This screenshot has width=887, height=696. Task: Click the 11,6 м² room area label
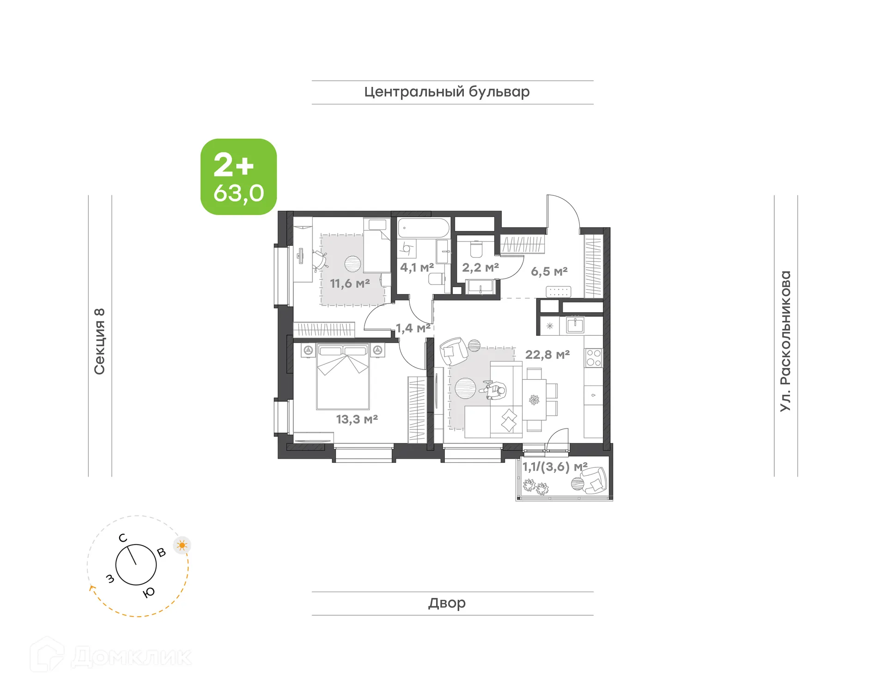(350, 283)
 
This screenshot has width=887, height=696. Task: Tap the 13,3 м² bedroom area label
(357, 419)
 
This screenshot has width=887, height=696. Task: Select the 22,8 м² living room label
(547, 354)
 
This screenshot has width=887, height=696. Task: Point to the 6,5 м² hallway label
(549, 271)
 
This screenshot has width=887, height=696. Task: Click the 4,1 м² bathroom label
(417, 267)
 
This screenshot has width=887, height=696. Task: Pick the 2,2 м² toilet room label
(480, 267)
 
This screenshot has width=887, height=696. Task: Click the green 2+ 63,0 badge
(238, 177)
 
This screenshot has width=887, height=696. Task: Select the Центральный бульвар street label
(447, 92)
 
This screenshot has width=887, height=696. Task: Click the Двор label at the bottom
(447, 603)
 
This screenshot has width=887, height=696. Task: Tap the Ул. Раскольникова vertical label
(785, 341)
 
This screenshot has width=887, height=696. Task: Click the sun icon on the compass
(182, 545)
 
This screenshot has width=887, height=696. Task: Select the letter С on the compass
(123, 538)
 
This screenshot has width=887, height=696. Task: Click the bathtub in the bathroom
(423, 228)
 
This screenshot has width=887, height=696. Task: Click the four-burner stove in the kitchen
(593, 358)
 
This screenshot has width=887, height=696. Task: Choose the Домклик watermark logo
(111, 656)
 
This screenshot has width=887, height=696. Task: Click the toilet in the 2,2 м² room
(476, 250)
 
